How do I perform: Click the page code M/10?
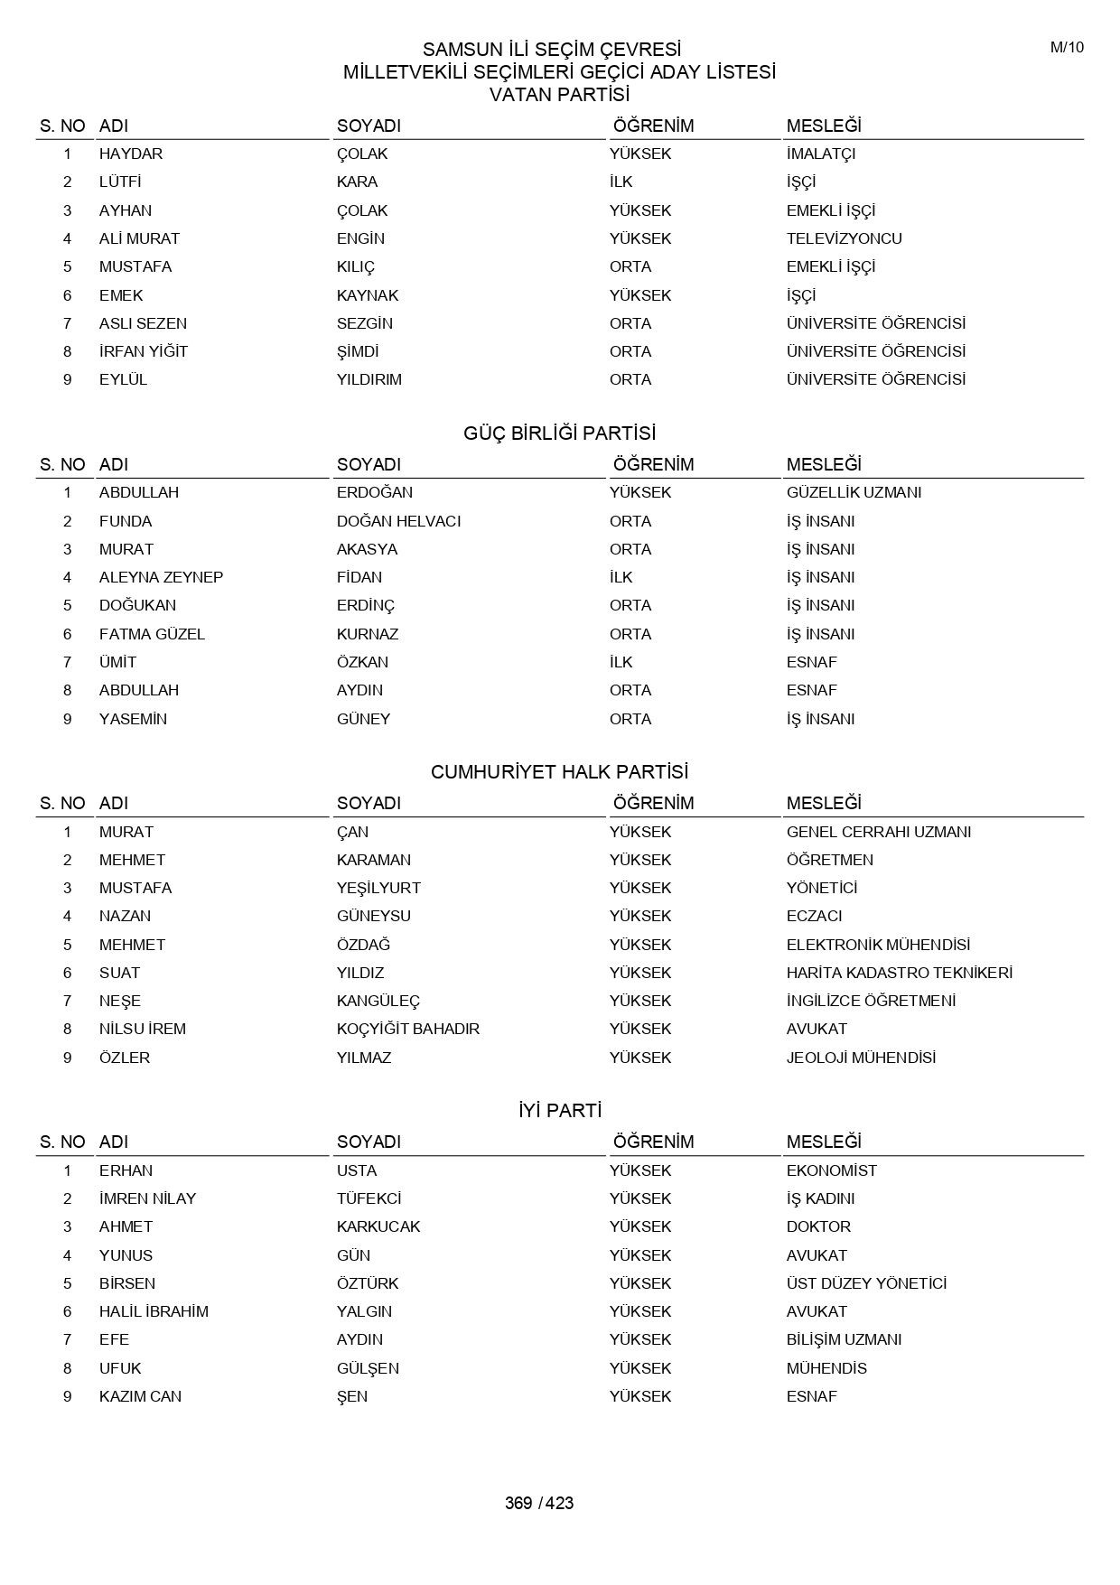1066,48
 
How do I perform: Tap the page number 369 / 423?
539,1503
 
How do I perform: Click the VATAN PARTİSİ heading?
559,94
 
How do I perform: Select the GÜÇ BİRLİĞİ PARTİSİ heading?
559,434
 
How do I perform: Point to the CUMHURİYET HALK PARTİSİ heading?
559,772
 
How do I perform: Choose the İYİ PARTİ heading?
559,1111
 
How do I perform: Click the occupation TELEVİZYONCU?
844,238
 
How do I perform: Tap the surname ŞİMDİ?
358,351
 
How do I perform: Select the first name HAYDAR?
131,154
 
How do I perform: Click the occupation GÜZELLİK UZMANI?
854,492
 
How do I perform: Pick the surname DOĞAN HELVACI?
398,521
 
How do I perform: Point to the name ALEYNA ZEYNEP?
161,577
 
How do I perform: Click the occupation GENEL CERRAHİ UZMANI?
878,832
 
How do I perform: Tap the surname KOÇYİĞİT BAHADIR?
408,1029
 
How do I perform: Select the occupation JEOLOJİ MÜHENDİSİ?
861,1058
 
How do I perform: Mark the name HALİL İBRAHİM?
154,1311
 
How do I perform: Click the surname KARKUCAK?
378,1226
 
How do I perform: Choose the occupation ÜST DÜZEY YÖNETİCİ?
866,1283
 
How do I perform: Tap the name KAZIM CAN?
140,1396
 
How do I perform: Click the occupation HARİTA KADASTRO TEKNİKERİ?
899,973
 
